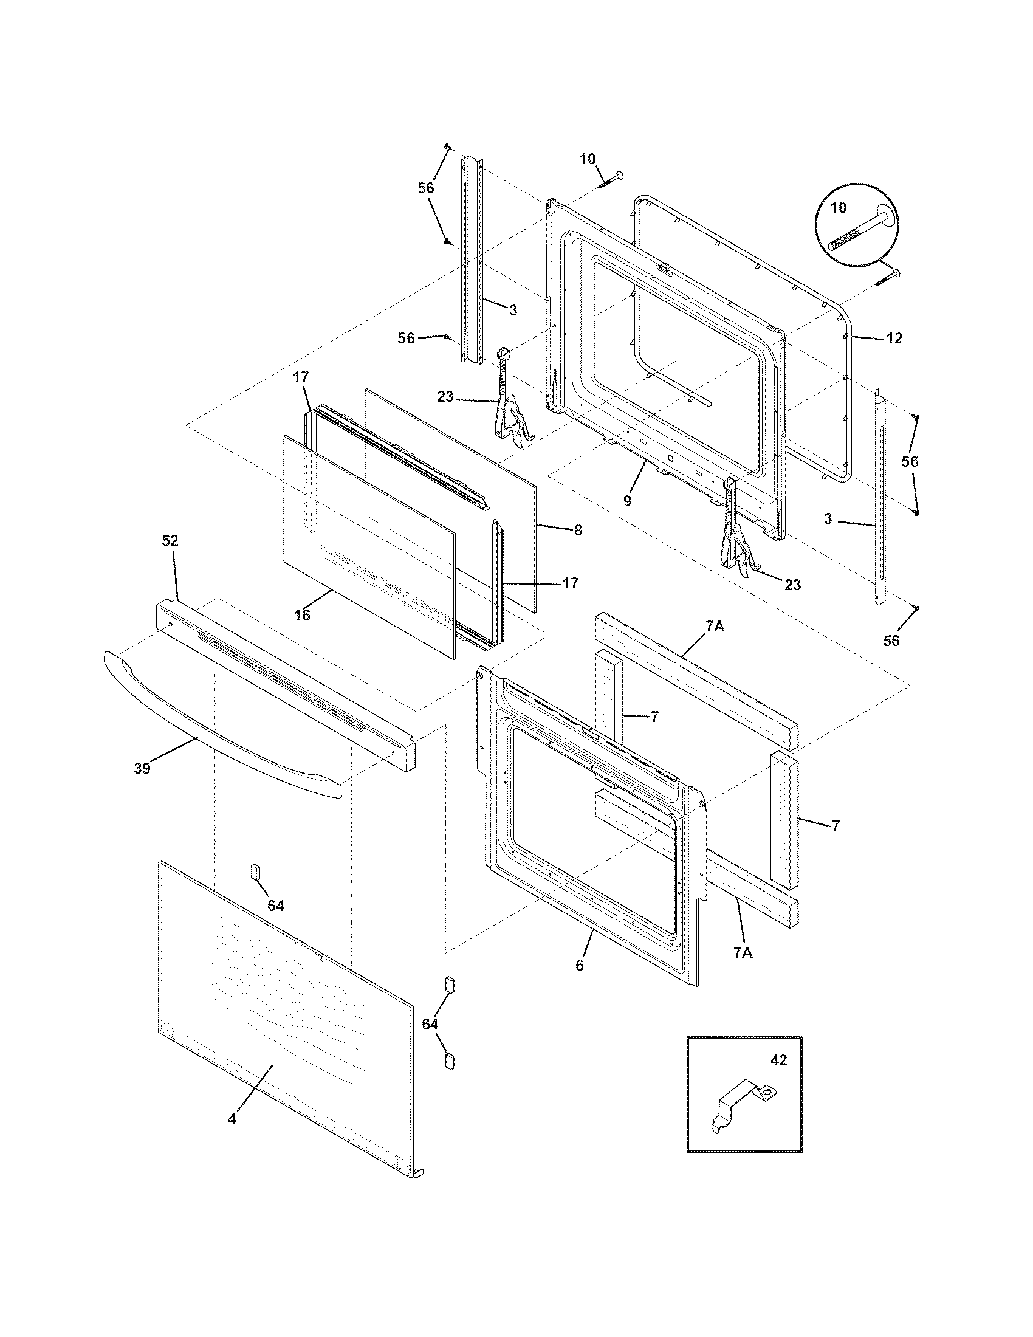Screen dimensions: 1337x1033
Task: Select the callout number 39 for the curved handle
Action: tap(142, 768)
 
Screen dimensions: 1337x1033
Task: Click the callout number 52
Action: tap(170, 540)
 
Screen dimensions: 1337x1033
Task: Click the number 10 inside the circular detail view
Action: tap(839, 207)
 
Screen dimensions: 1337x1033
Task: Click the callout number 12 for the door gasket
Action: tap(894, 338)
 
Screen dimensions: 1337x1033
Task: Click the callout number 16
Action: tap(303, 614)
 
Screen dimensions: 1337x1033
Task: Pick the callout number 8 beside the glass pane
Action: tap(577, 530)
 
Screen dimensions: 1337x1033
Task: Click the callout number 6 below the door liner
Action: tap(580, 966)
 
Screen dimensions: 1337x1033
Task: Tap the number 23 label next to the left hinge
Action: tap(445, 397)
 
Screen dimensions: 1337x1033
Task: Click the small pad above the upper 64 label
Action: tap(255, 871)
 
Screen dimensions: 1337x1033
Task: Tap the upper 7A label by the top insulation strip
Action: tap(715, 626)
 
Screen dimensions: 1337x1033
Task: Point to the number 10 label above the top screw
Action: tap(587, 159)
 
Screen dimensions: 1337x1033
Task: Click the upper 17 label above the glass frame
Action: tap(301, 377)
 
